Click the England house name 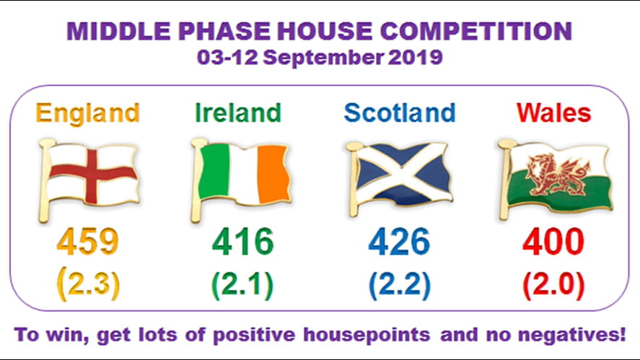[x=87, y=113]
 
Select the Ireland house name [x=237, y=113]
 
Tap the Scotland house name [x=399, y=113]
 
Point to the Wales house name [x=553, y=113]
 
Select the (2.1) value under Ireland [x=242, y=284]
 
